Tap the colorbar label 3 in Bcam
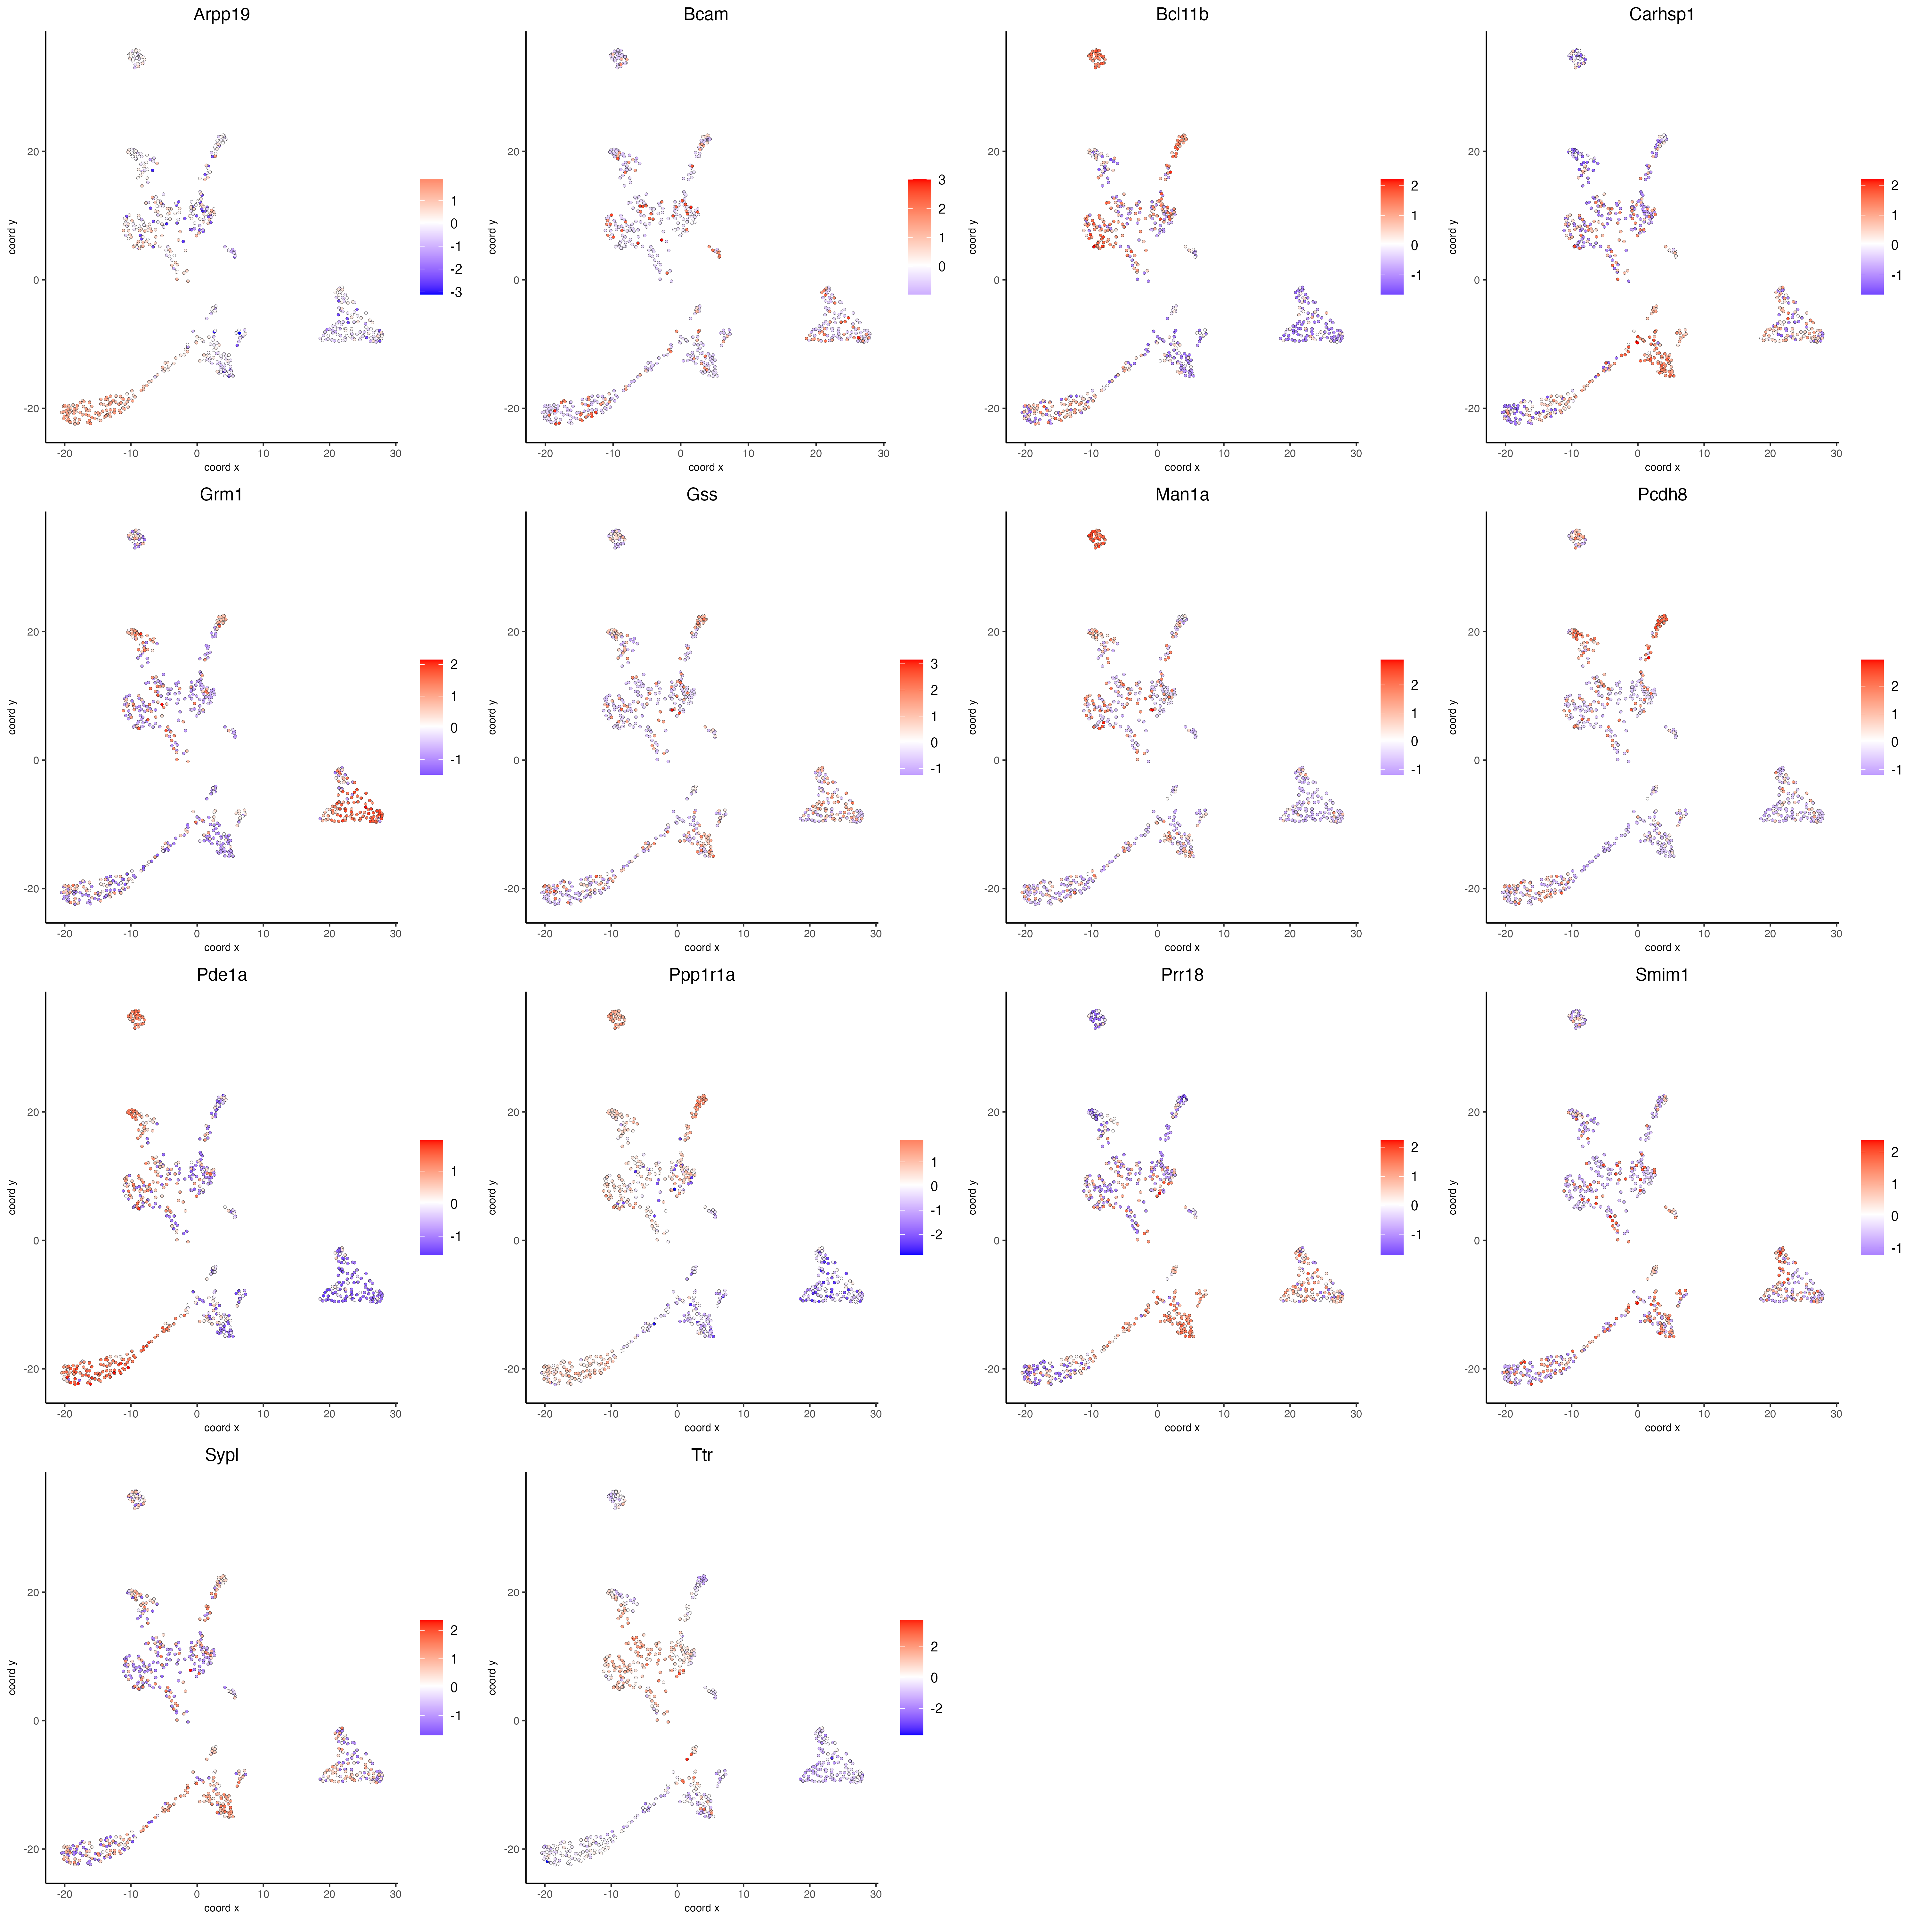click(x=942, y=180)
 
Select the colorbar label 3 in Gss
click(x=934, y=664)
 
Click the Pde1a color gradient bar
click(x=432, y=1197)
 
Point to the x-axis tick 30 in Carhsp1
click(x=1836, y=453)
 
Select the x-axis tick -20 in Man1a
click(x=1025, y=934)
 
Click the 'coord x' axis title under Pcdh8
click(x=1661, y=948)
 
